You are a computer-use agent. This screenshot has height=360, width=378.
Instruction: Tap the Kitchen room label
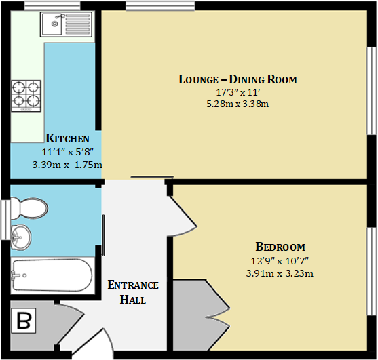click(67, 139)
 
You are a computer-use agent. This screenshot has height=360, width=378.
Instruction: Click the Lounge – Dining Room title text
click(238, 79)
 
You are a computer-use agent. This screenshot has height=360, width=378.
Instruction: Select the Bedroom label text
click(280, 247)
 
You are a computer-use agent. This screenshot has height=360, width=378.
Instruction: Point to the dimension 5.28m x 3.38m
click(238, 104)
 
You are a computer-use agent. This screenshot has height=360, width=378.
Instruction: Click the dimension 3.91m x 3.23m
click(280, 273)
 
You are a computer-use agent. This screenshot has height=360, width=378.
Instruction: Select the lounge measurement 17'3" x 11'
click(238, 92)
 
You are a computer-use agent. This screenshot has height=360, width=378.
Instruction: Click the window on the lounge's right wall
click(371, 89)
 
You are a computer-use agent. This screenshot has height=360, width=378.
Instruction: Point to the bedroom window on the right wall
click(371, 271)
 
